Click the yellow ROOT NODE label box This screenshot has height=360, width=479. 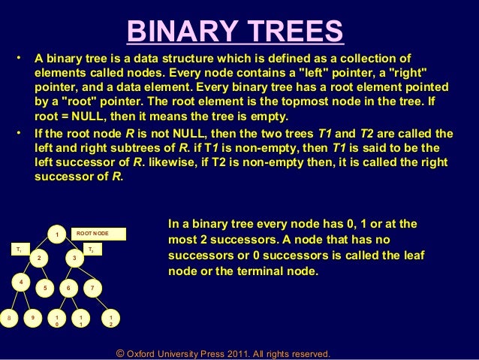[x=98, y=234]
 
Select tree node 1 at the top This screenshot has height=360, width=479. [x=56, y=234]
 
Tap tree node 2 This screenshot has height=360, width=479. [x=38, y=259]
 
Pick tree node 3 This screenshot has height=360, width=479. [x=74, y=259]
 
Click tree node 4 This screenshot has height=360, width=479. [x=22, y=282]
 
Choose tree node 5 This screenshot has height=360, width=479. [x=45, y=288]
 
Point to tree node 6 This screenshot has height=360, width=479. [x=68, y=288]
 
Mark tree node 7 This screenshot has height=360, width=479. [x=92, y=288]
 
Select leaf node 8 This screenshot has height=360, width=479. [x=8, y=317]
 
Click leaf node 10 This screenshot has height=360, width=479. [x=56, y=321]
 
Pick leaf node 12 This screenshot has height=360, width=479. [x=110, y=321]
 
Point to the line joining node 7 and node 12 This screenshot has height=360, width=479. [x=101, y=304]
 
